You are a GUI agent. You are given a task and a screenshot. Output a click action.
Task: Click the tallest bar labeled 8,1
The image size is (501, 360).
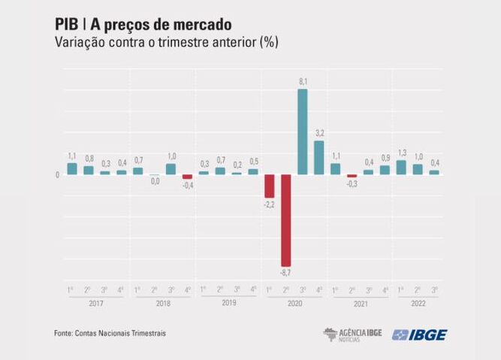(303, 132)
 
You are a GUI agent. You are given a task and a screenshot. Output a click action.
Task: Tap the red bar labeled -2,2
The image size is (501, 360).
(270, 186)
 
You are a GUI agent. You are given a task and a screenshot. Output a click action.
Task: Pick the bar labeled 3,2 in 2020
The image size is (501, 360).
(319, 157)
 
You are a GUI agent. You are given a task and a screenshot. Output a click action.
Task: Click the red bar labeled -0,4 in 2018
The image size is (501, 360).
(188, 177)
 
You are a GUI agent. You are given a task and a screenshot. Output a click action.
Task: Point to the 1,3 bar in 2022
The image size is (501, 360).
(401, 168)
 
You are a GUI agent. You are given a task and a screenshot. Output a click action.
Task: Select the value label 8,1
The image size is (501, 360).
(303, 80)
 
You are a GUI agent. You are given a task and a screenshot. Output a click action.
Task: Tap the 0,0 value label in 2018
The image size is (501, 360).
(155, 181)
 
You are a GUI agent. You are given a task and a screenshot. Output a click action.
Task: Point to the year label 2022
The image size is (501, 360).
(418, 304)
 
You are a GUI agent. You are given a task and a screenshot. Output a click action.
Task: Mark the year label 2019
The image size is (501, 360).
(229, 304)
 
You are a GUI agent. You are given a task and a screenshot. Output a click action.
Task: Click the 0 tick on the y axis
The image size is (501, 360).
(57, 176)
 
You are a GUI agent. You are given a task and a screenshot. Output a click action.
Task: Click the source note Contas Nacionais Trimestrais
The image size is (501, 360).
(119, 334)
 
